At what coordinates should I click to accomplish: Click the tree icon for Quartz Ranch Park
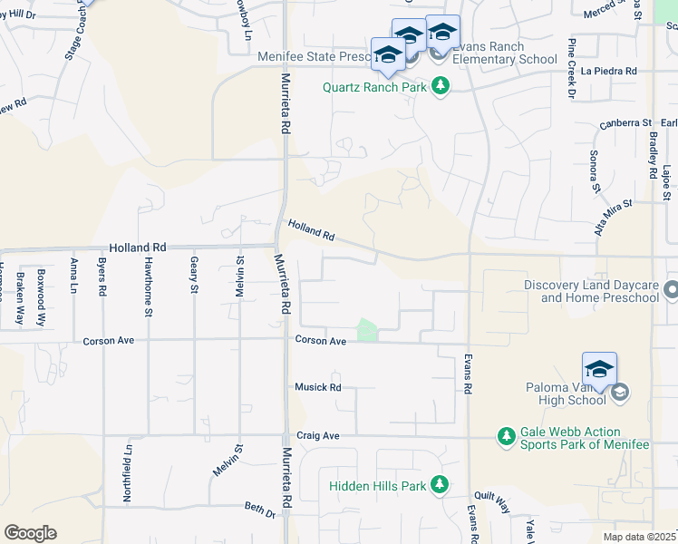coord(441,86)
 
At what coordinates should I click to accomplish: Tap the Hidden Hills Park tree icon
coord(440,485)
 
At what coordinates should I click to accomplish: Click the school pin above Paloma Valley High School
coord(599,369)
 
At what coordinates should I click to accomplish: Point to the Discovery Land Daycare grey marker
coord(671,291)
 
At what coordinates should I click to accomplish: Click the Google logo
coord(30,533)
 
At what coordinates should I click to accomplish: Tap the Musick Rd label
coord(317,387)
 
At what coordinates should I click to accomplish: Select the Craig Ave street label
coord(317,436)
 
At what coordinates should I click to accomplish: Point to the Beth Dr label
coord(259,511)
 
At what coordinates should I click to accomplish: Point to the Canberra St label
coord(625,122)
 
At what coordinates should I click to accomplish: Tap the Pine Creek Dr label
coord(572,68)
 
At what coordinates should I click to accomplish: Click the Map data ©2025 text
coord(639,537)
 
